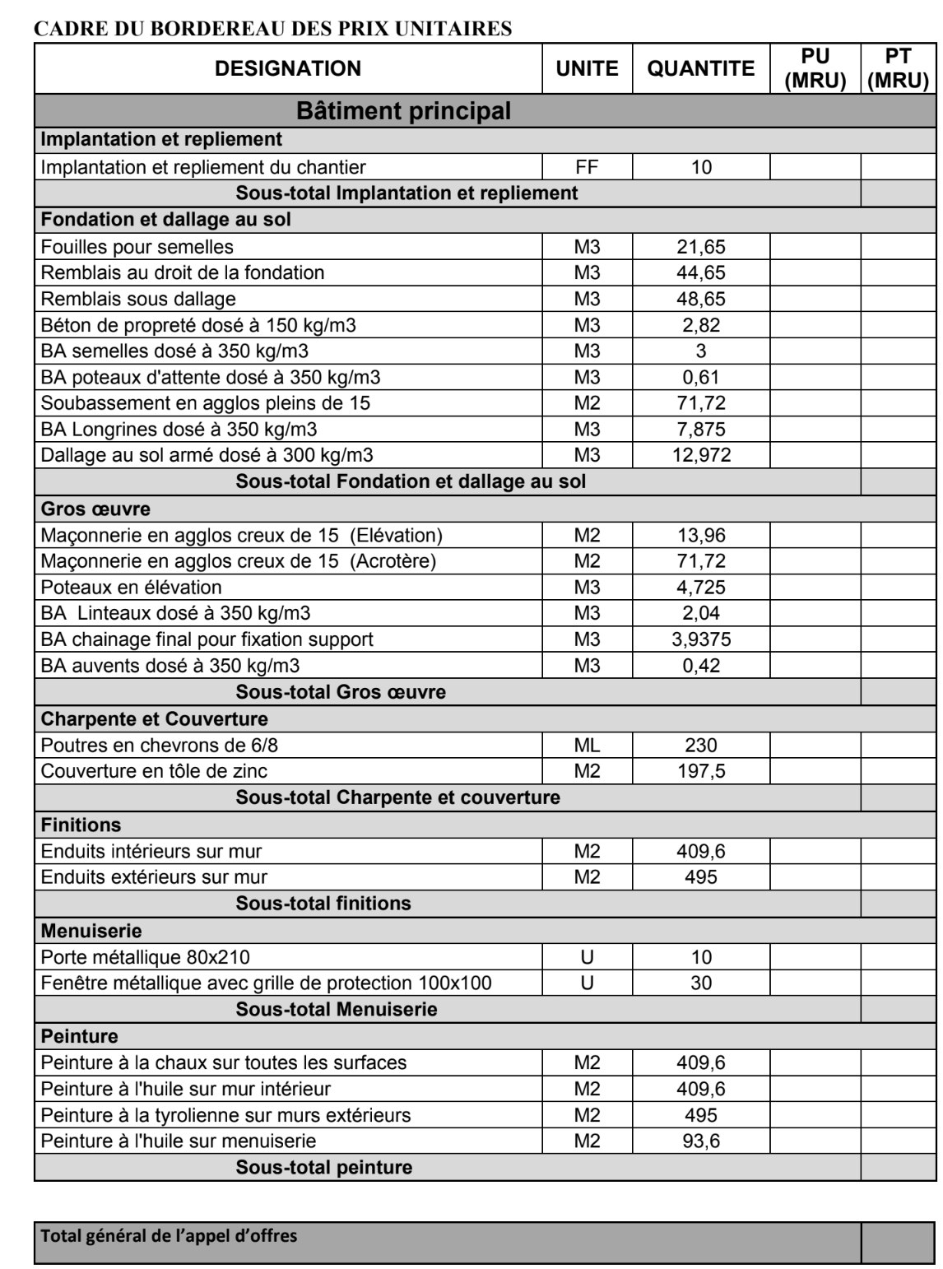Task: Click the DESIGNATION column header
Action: tap(288, 68)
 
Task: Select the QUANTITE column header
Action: tap(701, 68)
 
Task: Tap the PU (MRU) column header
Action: tap(815, 68)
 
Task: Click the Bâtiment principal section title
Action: tap(403, 110)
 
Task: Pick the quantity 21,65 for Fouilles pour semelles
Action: tap(701, 246)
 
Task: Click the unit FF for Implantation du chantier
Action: tap(588, 167)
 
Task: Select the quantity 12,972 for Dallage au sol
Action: tap(701, 455)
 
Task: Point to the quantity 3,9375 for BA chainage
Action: tap(701, 639)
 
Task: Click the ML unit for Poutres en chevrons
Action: tap(588, 746)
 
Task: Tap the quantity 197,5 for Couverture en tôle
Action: tap(701, 771)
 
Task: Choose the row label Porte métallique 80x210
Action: tap(146, 957)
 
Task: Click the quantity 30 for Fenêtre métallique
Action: tap(701, 983)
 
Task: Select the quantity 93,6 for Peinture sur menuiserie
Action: tap(701, 1141)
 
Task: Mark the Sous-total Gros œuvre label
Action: tap(341, 692)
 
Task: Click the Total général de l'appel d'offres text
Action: tap(170, 1235)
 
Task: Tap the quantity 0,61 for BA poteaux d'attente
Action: tap(701, 378)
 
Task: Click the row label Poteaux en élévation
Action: tap(132, 588)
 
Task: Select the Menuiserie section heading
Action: tap(91, 931)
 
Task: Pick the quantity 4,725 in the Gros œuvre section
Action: tap(701, 588)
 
